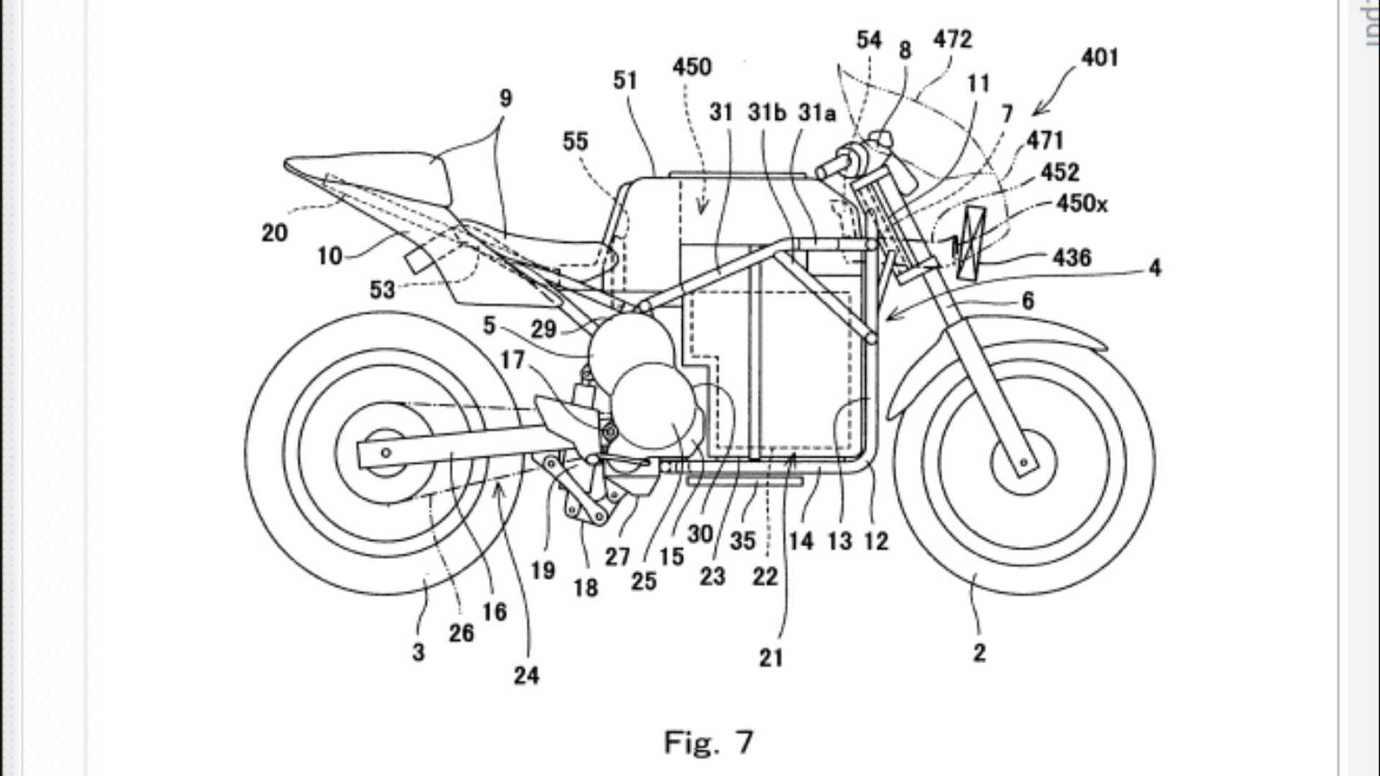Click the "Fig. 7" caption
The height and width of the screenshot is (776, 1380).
(708, 742)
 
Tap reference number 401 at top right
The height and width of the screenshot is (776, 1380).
(1100, 57)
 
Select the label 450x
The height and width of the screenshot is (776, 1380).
(1082, 204)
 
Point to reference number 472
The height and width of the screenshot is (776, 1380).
(952, 39)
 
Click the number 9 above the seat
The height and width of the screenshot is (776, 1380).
(505, 98)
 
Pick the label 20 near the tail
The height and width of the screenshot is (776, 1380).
(275, 232)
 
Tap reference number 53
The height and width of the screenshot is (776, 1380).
(382, 290)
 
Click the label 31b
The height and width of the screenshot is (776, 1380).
(767, 113)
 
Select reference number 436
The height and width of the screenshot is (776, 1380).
(1072, 257)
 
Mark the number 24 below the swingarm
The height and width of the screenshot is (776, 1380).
(526, 675)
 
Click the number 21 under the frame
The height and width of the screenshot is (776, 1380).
(770, 657)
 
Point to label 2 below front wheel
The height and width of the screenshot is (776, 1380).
(979, 652)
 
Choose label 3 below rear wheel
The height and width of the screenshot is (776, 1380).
(418, 652)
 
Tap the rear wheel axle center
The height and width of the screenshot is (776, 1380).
(386, 453)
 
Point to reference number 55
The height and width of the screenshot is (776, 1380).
(575, 142)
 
